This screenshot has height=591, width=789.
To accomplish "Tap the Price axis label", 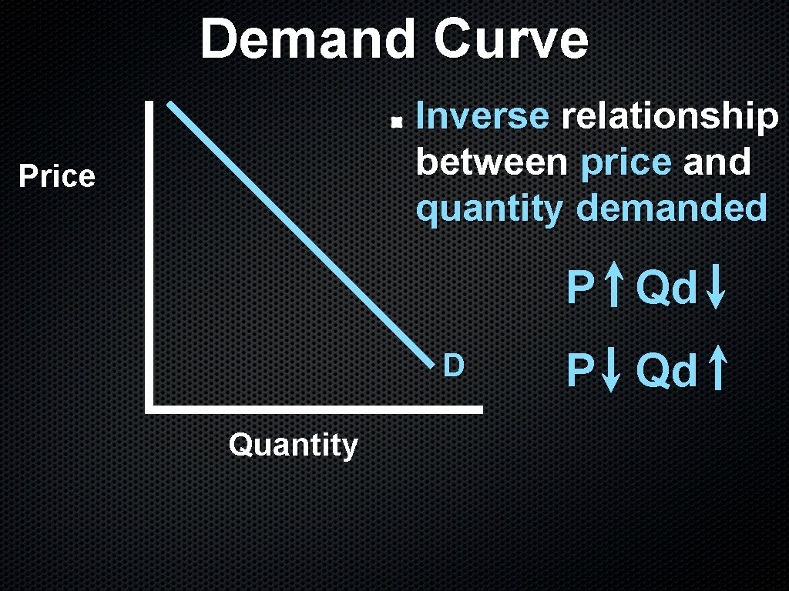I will (x=57, y=177).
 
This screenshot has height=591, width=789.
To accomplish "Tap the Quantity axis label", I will (x=294, y=446).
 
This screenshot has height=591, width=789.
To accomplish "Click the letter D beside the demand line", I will (x=453, y=366).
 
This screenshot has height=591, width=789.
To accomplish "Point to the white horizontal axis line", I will (x=316, y=409).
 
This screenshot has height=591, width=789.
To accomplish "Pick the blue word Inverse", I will (x=482, y=117).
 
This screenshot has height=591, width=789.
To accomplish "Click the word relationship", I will (x=670, y=117).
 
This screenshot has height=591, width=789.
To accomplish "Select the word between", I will (x=492, y=162).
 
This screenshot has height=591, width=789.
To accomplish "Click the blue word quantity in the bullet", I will (x=489, y=209).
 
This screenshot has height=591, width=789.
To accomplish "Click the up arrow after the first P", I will (x=613, y=287).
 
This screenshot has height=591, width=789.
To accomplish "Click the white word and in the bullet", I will (x=717, y=162).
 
